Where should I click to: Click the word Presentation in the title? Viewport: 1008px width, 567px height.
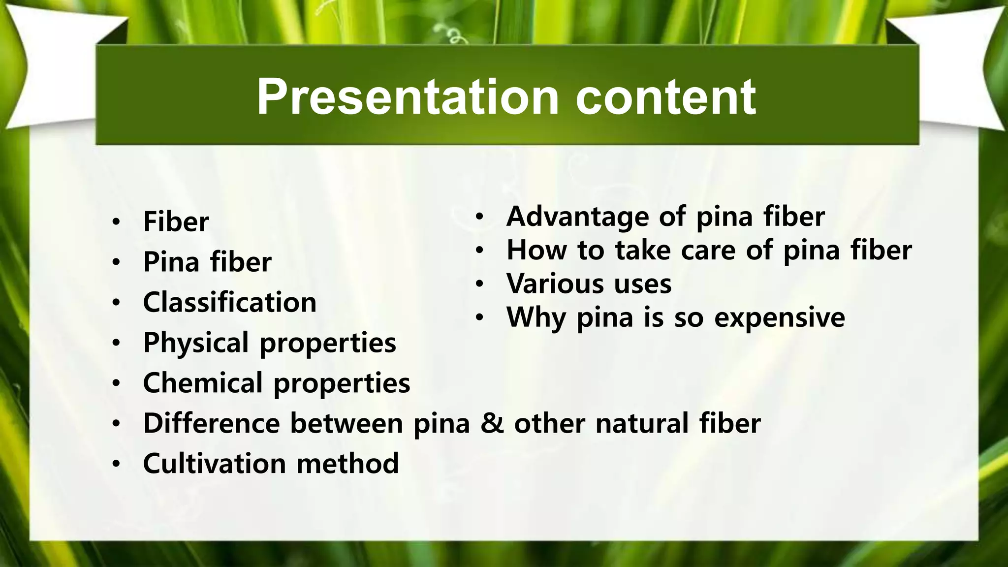408,97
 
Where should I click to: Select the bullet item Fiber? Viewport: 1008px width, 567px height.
176,221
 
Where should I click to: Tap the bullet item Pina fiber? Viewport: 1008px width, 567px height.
207,262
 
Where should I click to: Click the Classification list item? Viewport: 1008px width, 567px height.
229,302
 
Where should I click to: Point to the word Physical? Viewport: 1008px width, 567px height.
195,343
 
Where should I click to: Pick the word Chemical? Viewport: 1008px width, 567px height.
203,383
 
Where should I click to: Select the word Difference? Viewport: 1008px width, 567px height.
211,423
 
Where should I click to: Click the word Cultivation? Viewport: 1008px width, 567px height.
214,464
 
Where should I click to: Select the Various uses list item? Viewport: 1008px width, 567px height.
589,284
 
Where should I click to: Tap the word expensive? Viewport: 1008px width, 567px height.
779,317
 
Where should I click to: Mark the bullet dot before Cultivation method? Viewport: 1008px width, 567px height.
116,464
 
